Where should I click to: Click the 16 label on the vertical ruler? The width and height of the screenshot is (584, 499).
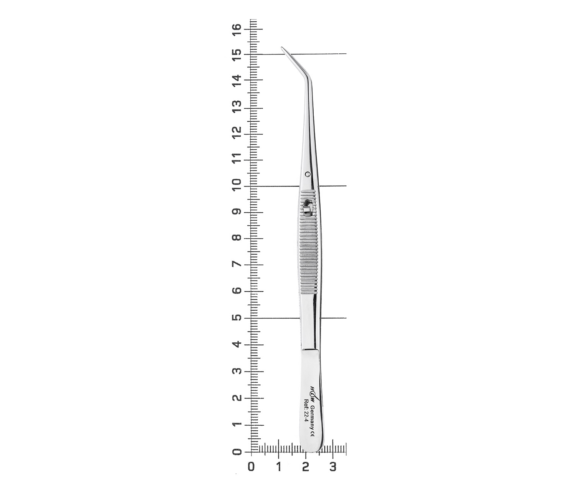[237, 29]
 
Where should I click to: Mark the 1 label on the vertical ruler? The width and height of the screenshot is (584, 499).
[237, 425]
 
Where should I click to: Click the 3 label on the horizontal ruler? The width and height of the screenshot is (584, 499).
[333, 467]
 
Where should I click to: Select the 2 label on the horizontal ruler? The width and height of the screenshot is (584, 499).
[305, 467]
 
